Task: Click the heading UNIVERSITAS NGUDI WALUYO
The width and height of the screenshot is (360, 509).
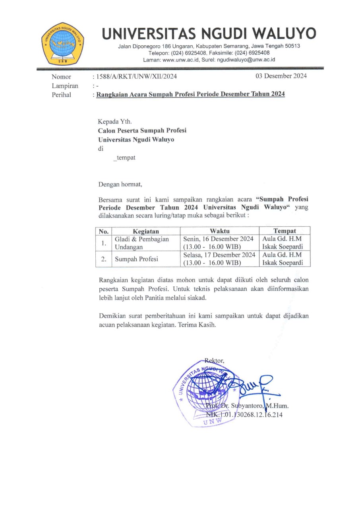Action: [x=209, y=34]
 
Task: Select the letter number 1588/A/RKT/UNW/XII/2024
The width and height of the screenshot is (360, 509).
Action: [x=135, y=77]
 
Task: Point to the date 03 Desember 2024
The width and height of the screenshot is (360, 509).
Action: [x=281, y=76]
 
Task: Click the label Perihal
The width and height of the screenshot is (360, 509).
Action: [x=61, y=95]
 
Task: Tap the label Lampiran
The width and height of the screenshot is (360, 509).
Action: [x=65, y=86]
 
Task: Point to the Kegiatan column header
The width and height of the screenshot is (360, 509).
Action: [x=146, y=231]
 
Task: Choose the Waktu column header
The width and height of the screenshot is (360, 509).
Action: [x=219, y=231]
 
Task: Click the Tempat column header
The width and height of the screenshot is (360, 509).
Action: [x=285, y=231]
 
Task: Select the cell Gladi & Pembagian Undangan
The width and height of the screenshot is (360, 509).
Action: [x=141, y=243]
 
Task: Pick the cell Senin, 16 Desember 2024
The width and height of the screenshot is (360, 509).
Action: [x=219, y=239]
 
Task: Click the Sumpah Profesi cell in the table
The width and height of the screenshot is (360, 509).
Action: [x=136, y=259]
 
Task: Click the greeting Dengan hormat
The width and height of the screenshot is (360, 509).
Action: [x=120, y=184]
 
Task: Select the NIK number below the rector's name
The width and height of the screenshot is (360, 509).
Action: [x=244, y=415]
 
